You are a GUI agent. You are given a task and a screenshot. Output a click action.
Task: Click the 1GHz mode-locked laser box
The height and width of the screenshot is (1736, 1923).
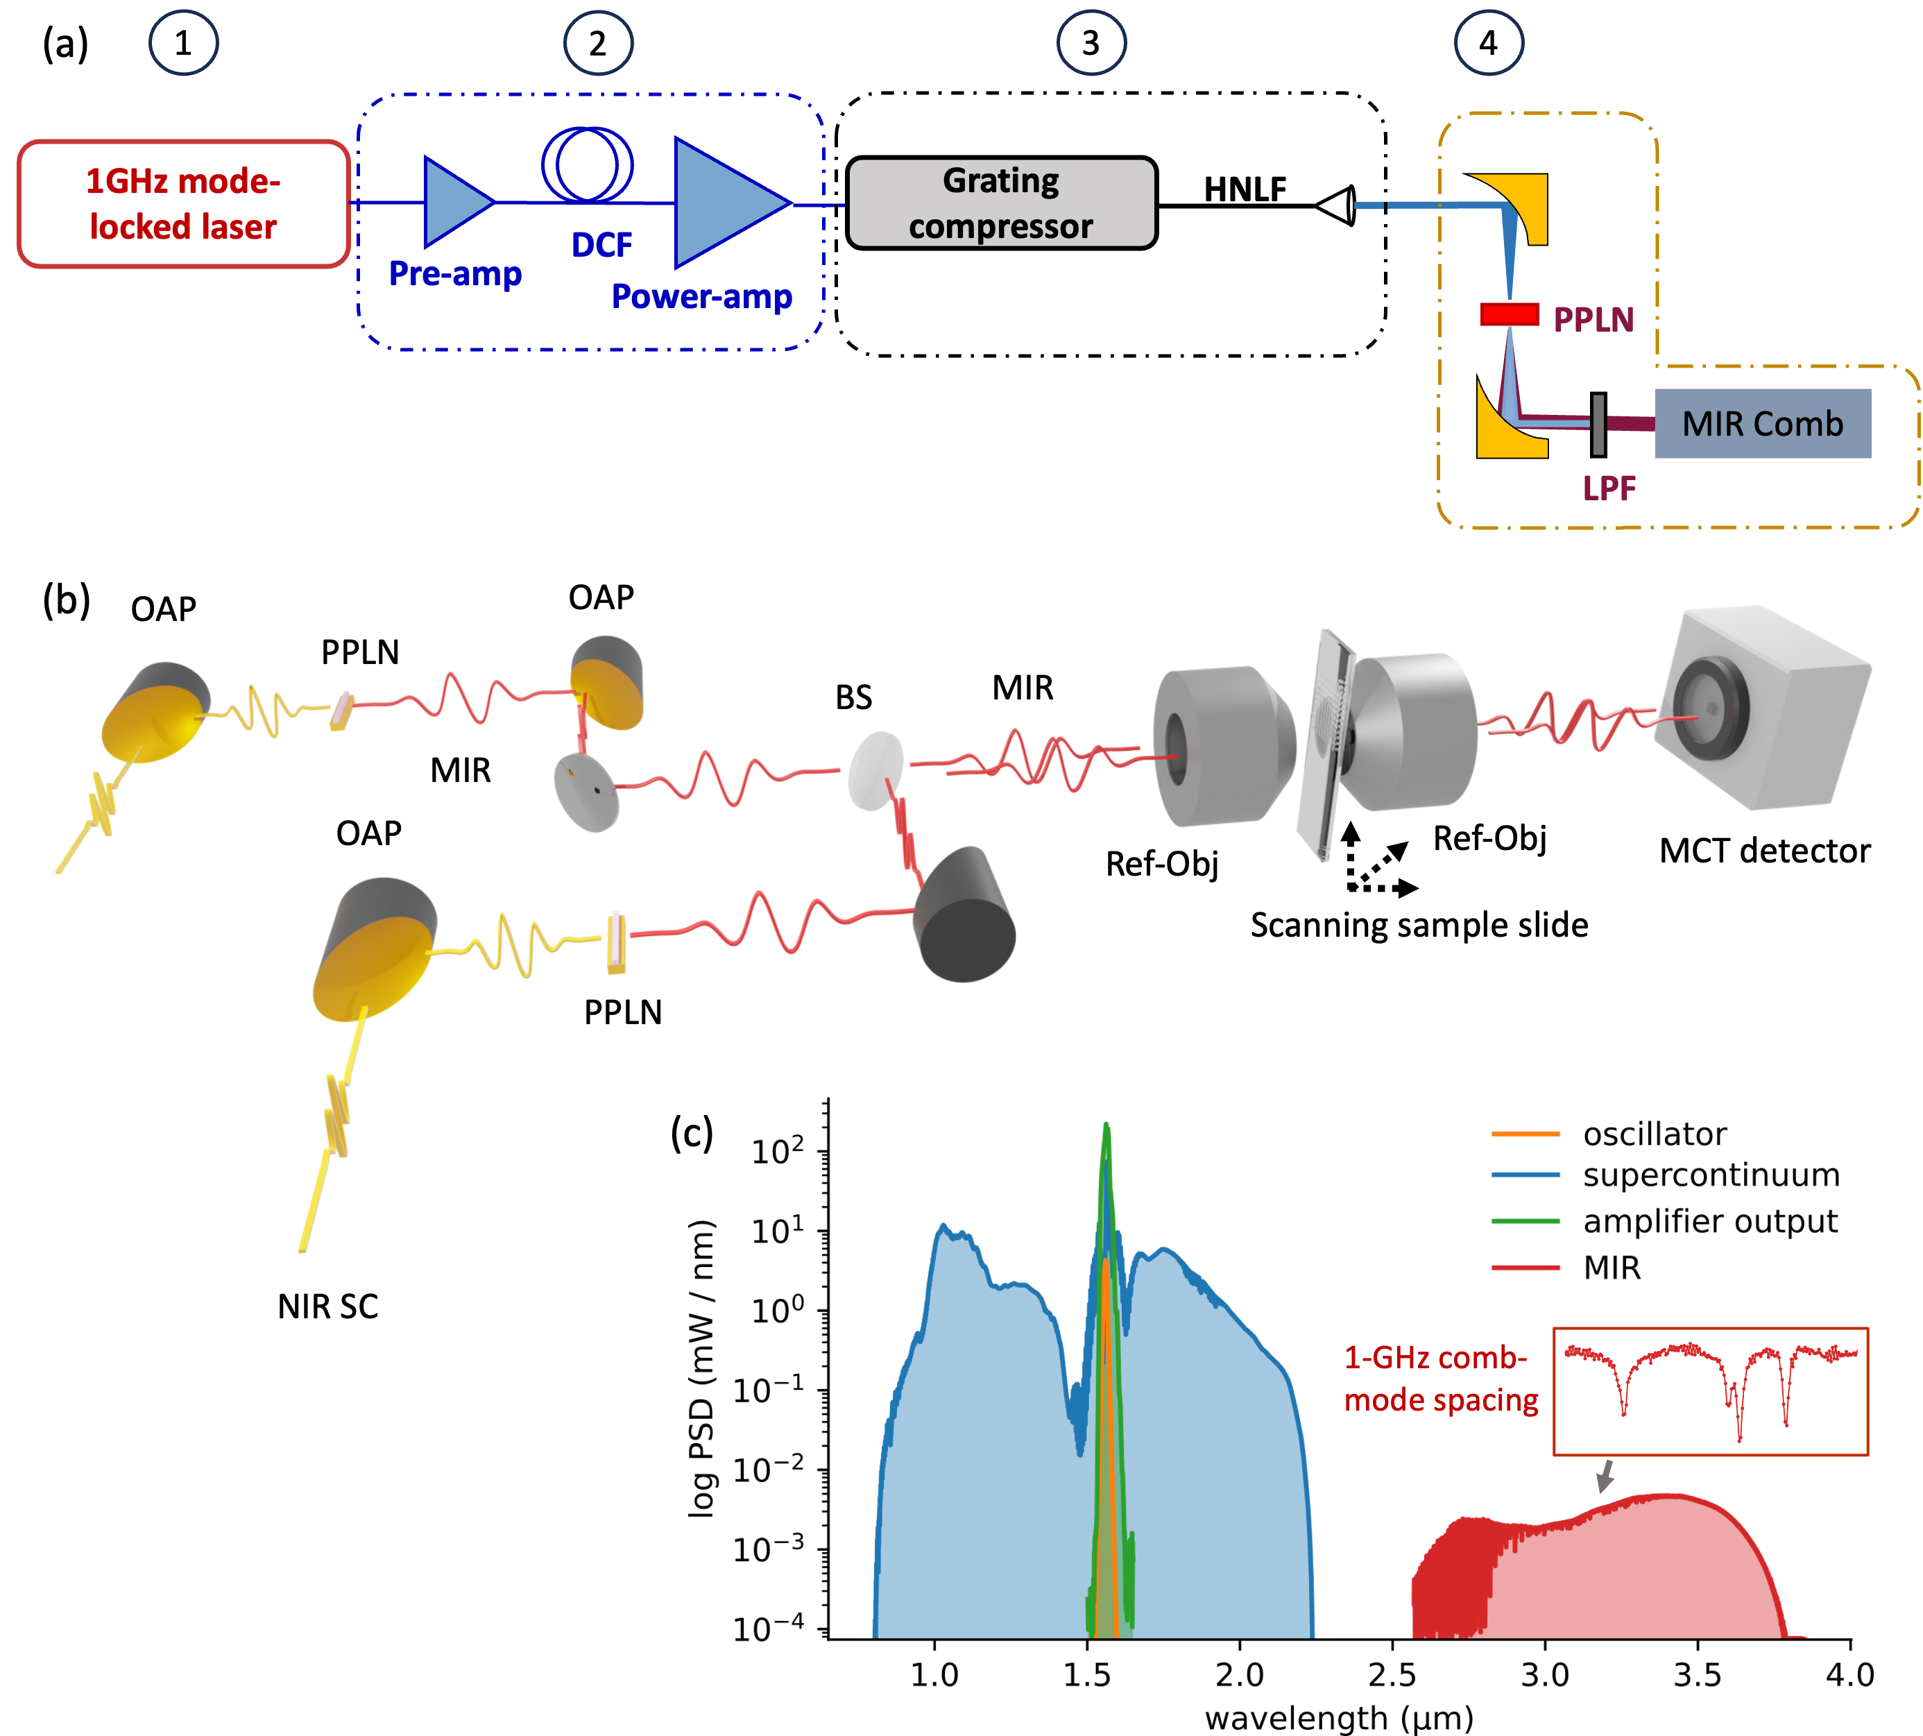coord(183,204)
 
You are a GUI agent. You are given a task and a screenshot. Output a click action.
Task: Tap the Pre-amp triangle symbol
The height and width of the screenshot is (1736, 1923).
coord(455,202)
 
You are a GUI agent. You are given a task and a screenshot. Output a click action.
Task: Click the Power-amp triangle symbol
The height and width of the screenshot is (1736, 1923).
coord(725,202)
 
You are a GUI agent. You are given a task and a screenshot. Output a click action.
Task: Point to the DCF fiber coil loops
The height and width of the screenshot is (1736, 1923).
coord(588,164)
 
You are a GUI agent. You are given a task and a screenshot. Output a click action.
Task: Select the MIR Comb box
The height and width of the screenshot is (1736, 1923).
coord(1762,423)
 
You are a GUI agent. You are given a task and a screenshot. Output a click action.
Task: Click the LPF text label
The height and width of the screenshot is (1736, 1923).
coord(1609,488)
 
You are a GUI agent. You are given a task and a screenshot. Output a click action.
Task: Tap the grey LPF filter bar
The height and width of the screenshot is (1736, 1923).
coord(1598,425)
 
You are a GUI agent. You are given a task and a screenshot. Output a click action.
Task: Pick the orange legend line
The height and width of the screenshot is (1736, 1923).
coord(1525,1134)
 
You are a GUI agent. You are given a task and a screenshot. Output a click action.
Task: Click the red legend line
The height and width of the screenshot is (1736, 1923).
coord(1525,1268)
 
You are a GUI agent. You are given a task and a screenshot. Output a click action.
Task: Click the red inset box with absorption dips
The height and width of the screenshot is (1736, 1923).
coord(1710,1392)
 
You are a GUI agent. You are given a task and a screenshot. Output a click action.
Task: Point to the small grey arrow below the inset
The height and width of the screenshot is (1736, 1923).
coord(1605,1476)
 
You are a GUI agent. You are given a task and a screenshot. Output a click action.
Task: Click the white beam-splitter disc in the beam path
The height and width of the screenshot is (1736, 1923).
coord(875,771)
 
